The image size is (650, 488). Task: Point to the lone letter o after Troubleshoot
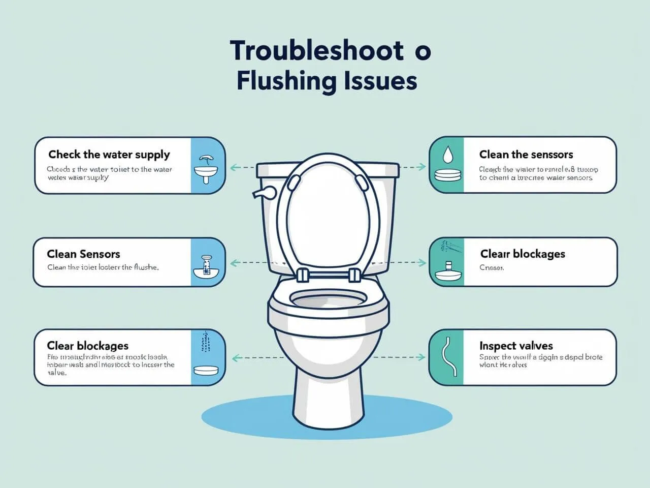tap(422, 52)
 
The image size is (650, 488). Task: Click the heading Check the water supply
tap(109, 155)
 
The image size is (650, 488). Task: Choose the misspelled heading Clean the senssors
tap(526, 155)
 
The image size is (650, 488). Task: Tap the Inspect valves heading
tap(516, 346)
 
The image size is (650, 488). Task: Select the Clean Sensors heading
tap(83, 254)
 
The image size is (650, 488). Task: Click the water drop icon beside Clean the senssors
tap(447, 154)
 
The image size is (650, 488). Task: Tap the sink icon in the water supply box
tap(206, 170)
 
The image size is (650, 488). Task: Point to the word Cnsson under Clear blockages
tap(492, 267)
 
